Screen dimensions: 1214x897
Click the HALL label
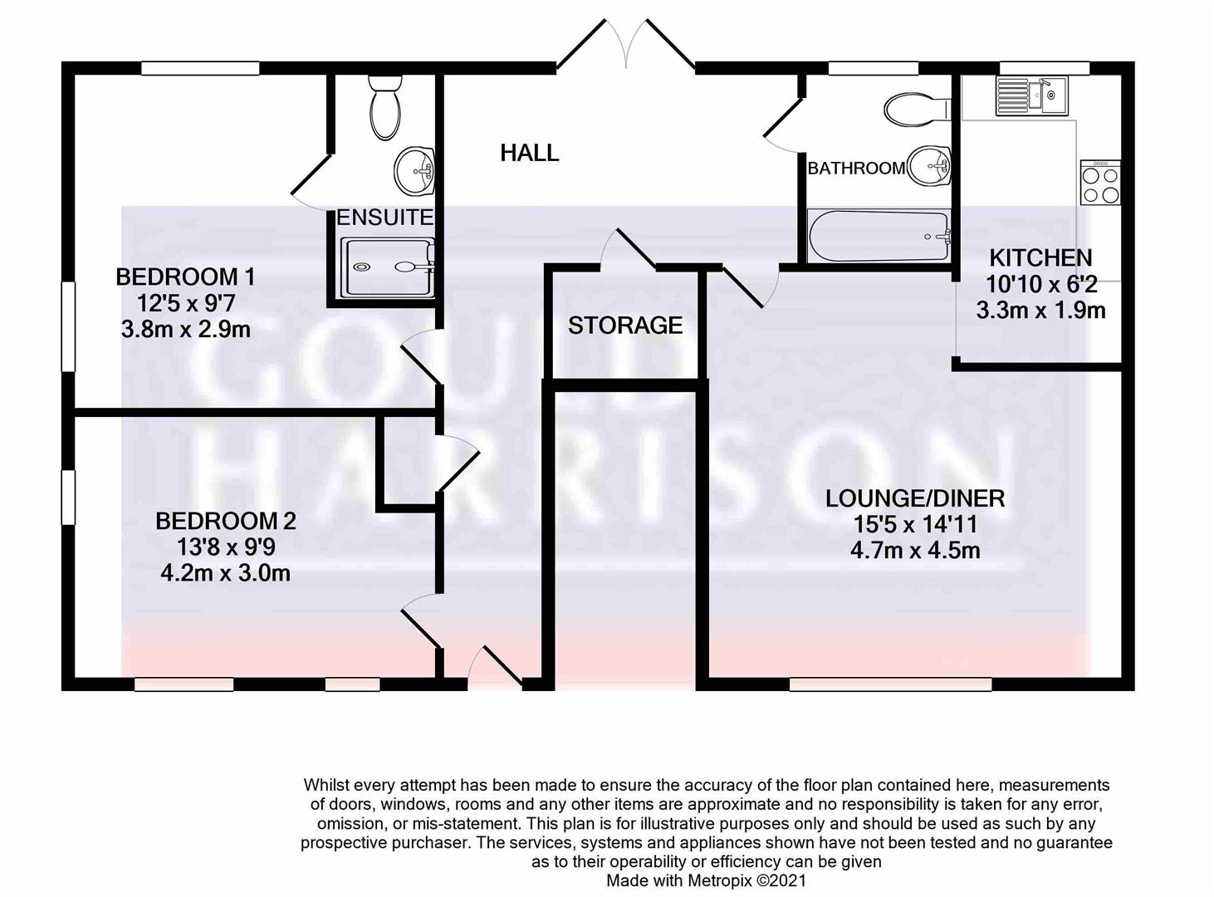pos(529,152)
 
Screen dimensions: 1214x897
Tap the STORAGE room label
pos(625,326)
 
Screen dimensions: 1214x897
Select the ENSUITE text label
pos(384,218)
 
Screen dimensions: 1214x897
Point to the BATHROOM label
pos(856,168)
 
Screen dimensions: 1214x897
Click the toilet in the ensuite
pos(384,107)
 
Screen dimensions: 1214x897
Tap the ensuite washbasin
pos(414,170)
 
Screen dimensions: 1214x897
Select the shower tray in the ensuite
pos(388,267)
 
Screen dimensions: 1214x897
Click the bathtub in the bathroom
pos(879,237)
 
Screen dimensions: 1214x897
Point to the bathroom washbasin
pos(930,166)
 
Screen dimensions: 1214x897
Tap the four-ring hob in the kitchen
pos(1100,183)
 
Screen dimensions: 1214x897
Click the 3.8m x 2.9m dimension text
pos(185,330)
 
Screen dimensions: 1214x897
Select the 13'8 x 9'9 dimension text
pos(226,547)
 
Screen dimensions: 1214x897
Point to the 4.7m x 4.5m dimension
pos(914,551)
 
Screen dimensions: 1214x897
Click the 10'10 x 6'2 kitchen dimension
pos(1041,284)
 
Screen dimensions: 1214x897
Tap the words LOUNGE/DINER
pos(914,498)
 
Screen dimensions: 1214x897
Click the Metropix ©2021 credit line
pos(706,880)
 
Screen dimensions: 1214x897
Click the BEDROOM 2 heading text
pos(226,521)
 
